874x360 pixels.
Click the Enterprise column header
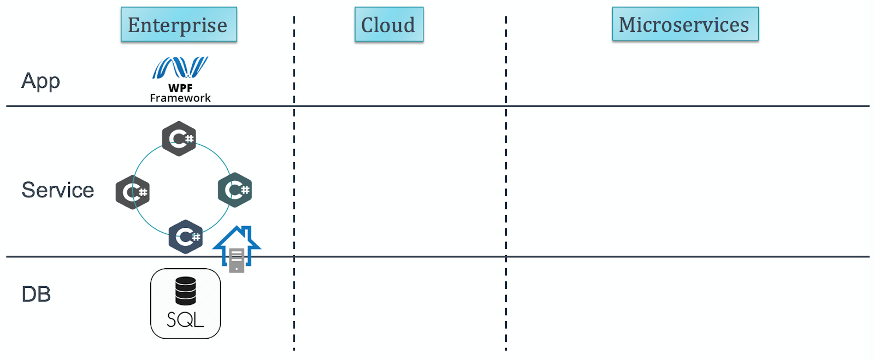click(179, 25)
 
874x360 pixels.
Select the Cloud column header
click(388, 25)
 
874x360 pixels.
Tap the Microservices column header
click(684, 24)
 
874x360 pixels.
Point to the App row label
click(40, 81)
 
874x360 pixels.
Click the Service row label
click(58, 190)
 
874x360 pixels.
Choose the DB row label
click(36, 294)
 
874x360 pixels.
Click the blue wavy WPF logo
click(180, 68)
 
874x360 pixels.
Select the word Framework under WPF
click(180, 98)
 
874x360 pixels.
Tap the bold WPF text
click(180, 87)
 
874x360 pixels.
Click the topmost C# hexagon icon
click(179, 139)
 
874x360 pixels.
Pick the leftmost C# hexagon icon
click(132, 192)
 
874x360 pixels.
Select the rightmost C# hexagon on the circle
click(235, 190)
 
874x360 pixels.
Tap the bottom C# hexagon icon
click(186, 237)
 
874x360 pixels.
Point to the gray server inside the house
click(237, 260)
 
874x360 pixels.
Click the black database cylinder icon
click(186, 291)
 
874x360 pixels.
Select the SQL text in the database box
click(185, 320)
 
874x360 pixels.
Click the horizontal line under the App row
click(437, 106)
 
